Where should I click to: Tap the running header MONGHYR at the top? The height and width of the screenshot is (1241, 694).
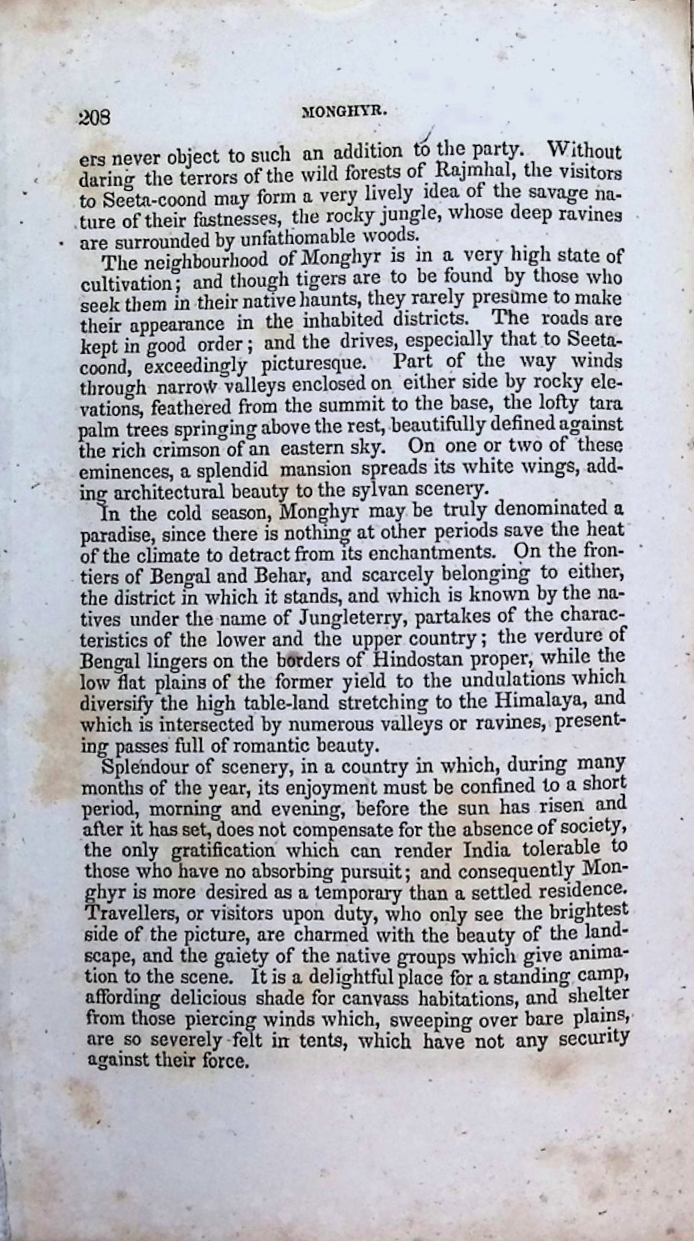click(x=345, y=112)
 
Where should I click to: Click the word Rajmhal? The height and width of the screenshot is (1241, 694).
click(x=472, y=173)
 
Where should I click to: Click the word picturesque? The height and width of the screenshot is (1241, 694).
click(x=319, y=364)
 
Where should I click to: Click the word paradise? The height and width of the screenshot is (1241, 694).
click(x=118, y=535)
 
